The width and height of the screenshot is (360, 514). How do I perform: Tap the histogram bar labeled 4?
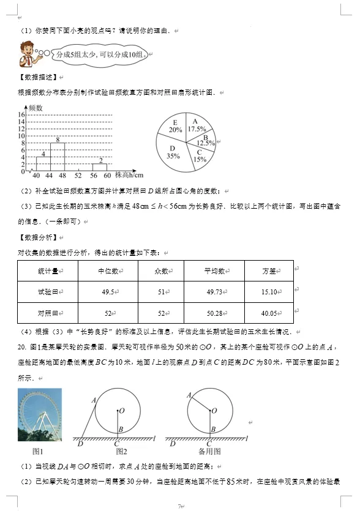[43, 163]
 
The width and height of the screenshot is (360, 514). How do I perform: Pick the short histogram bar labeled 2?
[99, 166]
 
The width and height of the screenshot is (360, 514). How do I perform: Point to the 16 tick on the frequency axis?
[20, 115]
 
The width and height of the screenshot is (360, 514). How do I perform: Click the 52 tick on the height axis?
[78, 176]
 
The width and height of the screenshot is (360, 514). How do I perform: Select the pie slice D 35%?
[173, 153]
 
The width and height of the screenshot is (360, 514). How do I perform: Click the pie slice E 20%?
[174, 128]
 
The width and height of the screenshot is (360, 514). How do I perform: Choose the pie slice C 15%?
[198, 157]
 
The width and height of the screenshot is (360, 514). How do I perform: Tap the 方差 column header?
[269, 270]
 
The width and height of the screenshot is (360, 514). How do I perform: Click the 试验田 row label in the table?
[48, 292]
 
